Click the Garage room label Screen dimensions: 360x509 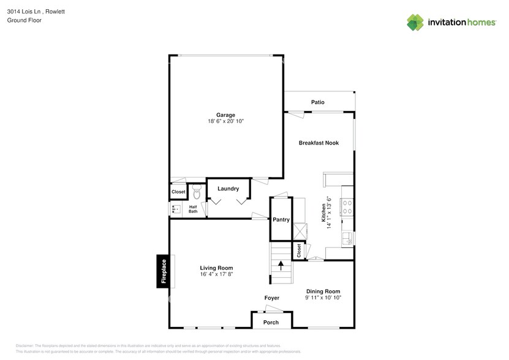click(x=225, y=115)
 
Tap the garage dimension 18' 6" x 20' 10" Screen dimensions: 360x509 click(x=225, y=122)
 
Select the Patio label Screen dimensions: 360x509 click(x=317, y=102)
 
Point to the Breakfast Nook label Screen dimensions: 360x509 click(x=319, y=143)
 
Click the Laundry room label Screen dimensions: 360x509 click(x=228, y=189)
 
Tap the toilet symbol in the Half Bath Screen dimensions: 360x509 click(x=197, y=193)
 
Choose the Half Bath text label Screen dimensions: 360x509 click(x=193, y=209)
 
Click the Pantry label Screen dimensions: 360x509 click(x=281, y=219)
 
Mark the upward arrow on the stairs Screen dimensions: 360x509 click(x=281, y=266)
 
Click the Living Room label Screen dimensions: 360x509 click(x=216, y=268)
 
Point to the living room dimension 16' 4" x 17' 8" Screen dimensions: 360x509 click(x=216, y=274)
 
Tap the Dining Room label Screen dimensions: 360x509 click(x=323, y=291)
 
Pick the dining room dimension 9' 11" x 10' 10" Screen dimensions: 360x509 click(x=323, y=298)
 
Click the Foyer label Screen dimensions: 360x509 click(x=272, y=298)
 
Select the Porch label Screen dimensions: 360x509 click(x=271, y=322)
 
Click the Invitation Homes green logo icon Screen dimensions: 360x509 click(x=416, y=23)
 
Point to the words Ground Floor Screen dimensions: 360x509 click(x=20, y=20)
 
